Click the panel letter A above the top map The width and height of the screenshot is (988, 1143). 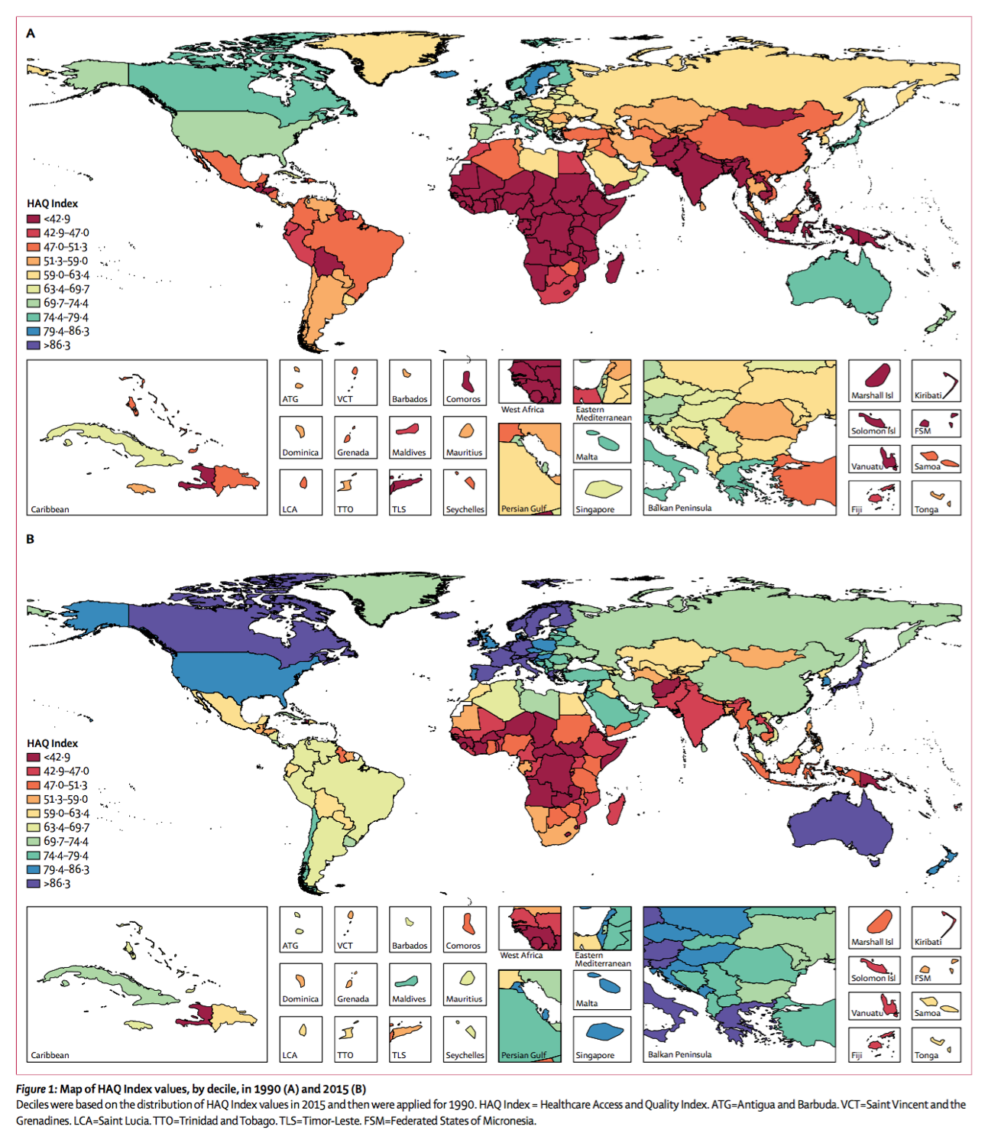click(31, 33)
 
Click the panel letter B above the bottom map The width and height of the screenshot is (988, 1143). click(31, 539)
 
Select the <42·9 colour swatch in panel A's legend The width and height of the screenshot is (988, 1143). click(34, 219)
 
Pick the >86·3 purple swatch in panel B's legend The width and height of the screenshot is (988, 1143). click(34, 883)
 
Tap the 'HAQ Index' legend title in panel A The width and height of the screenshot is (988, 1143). click(52, 203)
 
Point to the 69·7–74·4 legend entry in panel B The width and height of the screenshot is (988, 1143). click(66, 841)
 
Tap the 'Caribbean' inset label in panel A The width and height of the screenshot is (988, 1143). click(50, 509)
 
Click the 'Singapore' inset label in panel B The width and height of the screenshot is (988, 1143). click(594, 1055)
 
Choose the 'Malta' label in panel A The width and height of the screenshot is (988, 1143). click(587, 456)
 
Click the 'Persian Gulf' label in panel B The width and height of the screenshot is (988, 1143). click(523, 1055)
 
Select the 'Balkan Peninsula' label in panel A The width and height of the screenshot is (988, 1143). click(679, 508)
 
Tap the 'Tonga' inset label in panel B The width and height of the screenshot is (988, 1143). click(926, 1055)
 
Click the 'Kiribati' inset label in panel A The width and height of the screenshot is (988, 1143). click(928, 395)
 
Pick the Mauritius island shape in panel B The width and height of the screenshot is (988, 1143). click(467, 978)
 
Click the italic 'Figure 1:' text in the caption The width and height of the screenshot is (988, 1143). click(36, 1089)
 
